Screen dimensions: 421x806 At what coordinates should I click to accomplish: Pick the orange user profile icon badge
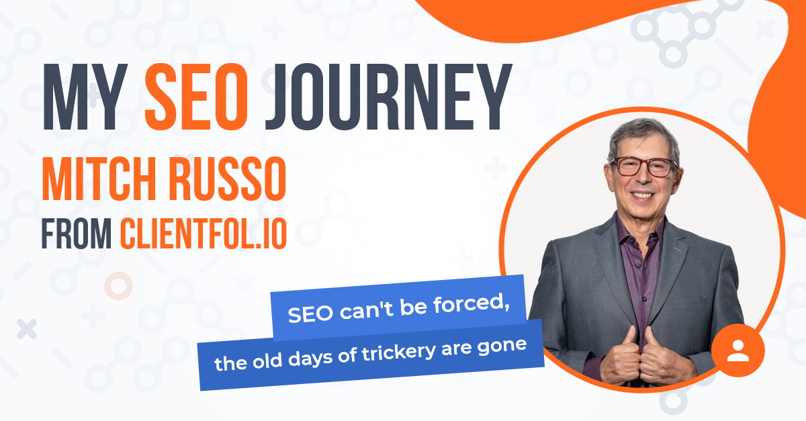(737, 350)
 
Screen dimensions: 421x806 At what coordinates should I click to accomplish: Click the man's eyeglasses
(643, 167)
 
